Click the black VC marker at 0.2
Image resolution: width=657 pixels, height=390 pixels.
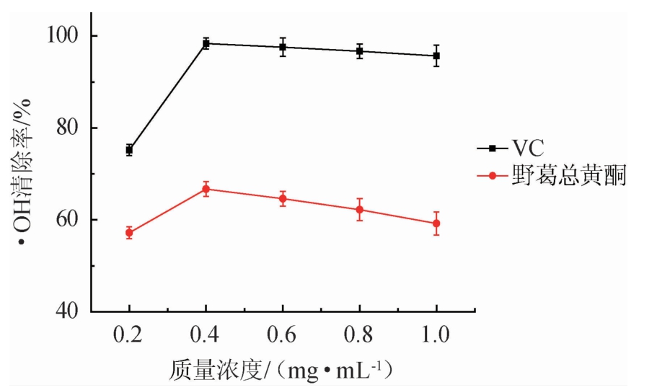tap(129, 150)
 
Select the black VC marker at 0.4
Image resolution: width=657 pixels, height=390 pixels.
tap(206, 43)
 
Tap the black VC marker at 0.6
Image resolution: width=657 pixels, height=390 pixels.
tap(283, 47)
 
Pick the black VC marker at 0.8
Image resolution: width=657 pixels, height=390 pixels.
tap(359, 51)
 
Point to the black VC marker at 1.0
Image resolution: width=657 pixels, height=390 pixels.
tap(436, 56)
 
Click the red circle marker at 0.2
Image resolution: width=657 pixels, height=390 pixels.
tap(129, 232)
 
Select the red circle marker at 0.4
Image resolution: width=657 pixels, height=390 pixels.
tap(206, 189)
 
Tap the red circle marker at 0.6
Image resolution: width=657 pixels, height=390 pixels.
tap(283, 198)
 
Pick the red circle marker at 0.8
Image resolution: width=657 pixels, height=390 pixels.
tap(359, 210)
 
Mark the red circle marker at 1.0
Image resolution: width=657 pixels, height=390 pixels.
tap(436, 223)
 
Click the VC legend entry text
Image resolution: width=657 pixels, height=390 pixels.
tap(529, 149)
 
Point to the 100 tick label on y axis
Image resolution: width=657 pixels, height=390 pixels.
tap(67, 36)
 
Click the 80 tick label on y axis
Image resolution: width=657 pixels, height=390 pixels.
tap(71, 128)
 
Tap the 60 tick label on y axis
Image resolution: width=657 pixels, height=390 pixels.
tap(71, 220)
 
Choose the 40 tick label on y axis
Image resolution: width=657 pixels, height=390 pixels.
tap(71, 311)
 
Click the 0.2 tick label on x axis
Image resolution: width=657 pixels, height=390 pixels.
tap(129, 335)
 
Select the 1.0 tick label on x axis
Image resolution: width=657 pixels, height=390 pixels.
tap(436, 335)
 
